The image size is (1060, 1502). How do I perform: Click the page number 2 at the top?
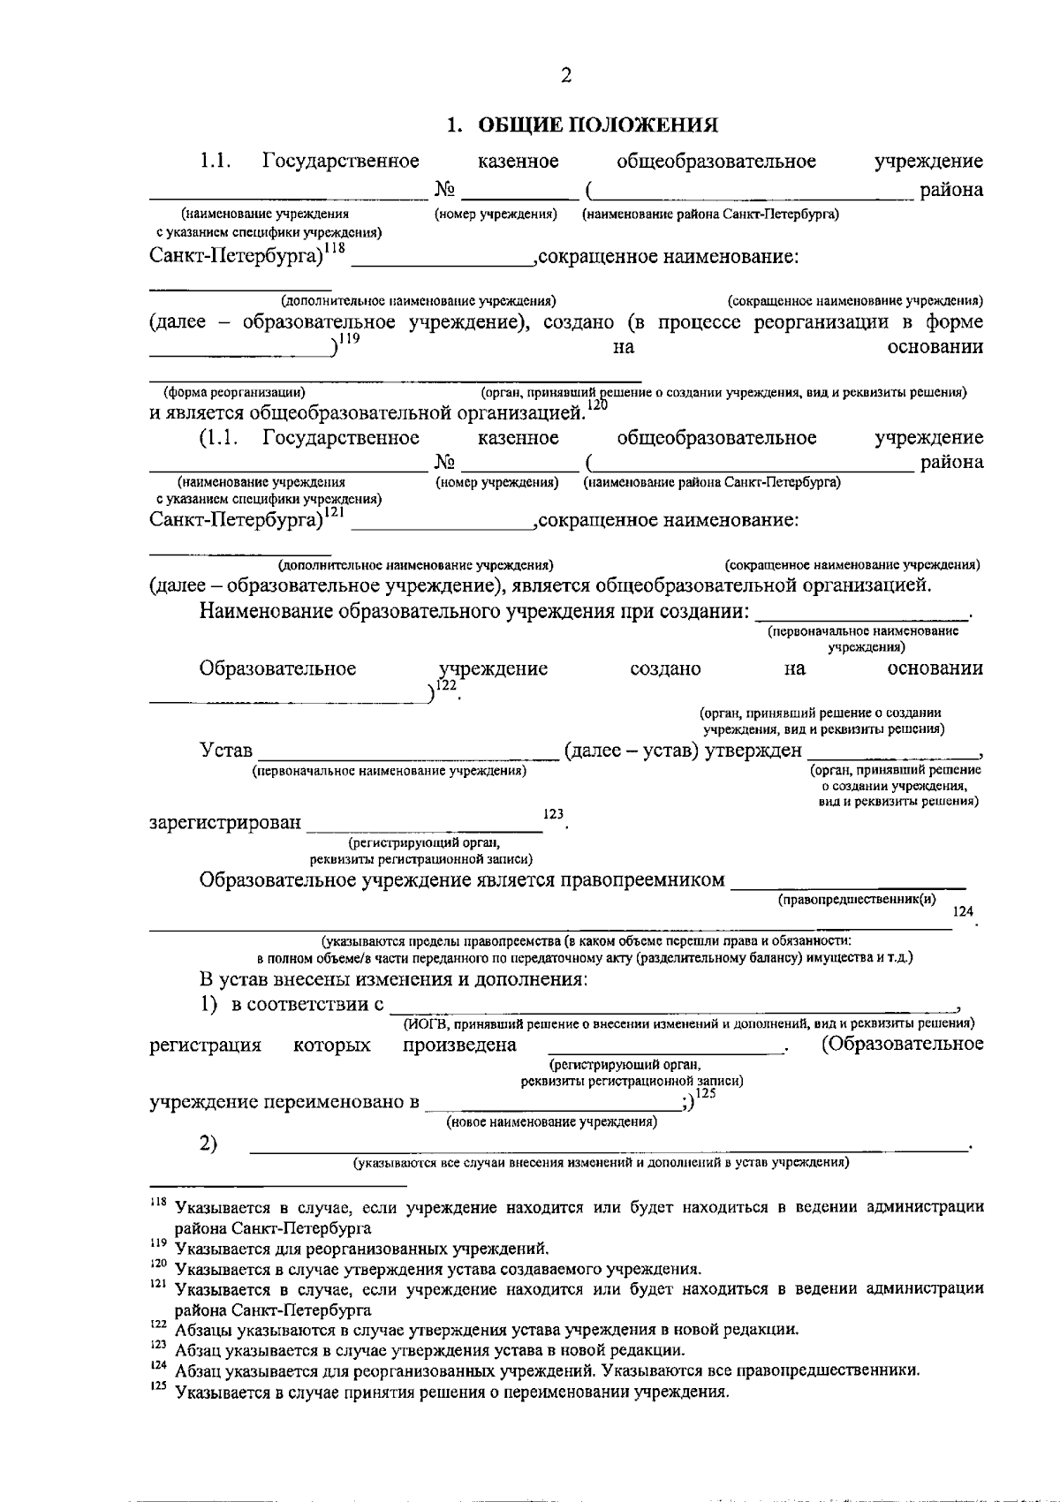[x=566, y=76]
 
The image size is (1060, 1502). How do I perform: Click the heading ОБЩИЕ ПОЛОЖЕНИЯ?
[x=597, y=125]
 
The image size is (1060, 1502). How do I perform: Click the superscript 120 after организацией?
[x=598, y=404]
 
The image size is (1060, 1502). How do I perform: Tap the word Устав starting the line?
[x=226, y=751]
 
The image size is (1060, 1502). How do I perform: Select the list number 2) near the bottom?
[x=208, y=1144]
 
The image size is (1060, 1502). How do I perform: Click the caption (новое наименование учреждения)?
[x=552, y=1122]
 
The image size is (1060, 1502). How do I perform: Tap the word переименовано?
[x=340, y=1102]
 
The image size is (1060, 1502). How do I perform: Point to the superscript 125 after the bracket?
[x=705, y=1093]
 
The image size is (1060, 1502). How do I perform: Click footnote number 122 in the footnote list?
[x=158, y=1326]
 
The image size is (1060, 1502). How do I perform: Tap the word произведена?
[x=459, y=1045]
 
